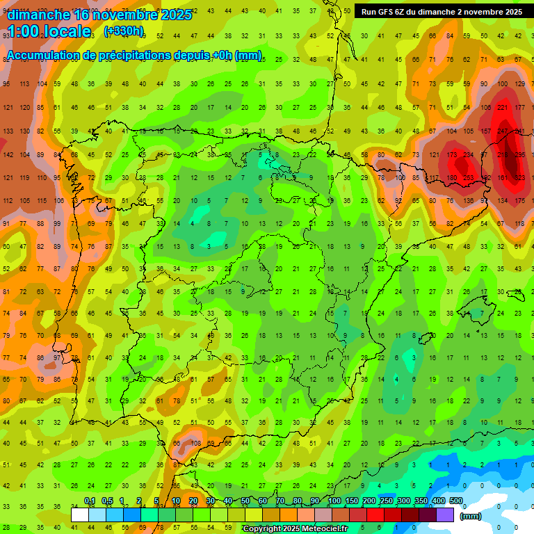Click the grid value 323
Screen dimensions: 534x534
[x=519, y=179]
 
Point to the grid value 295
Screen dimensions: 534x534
[x=519, y=155]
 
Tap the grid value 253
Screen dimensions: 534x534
[x=469, y=179]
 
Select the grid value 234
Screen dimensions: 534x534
[x=469, y=155]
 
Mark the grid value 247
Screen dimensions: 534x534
[x=503, y=131]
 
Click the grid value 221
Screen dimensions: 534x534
[x=503, y=108]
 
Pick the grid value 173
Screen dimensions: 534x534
[x=452, y=155]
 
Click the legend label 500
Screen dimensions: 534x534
[x=456, y=501]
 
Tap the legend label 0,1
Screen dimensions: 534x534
[x=89, y=501]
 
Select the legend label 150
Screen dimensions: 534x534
[x=351, y=501]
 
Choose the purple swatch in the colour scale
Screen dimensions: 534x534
[x=445, y=515]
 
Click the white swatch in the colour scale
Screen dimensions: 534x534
[x=80, y=515]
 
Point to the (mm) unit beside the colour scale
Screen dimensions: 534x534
[x=471, y=516]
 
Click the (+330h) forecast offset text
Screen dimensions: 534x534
[x=124, y=31]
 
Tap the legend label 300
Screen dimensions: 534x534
[x=403, y=501]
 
